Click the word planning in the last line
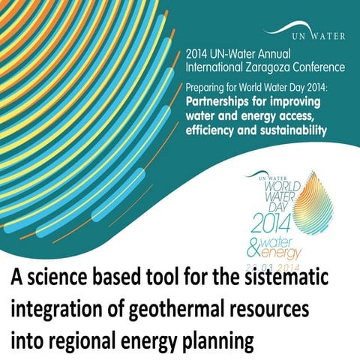coord(209,340)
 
